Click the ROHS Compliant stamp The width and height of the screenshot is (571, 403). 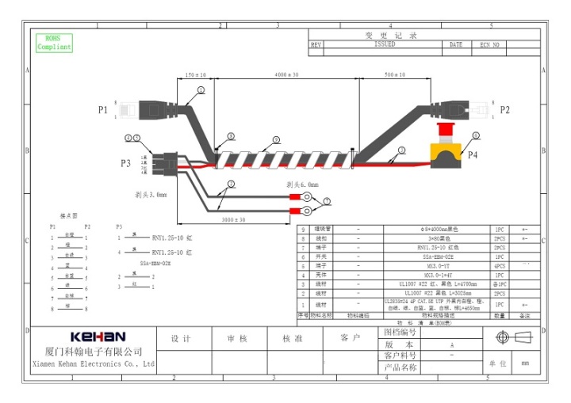[54, 43]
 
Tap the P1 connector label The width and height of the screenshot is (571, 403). [102, 110]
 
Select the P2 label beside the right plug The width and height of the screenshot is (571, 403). [505, 110]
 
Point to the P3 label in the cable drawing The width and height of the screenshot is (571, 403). [125, 163]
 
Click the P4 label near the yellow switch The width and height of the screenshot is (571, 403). [473, 156]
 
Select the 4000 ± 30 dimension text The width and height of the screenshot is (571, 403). [286, 74]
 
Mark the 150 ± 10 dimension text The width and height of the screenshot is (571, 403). [195, 74]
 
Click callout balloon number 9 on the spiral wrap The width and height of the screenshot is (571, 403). [276, 139]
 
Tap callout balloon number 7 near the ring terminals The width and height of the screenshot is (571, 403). [326, 203]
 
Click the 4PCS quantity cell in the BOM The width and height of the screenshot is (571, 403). [500, 266]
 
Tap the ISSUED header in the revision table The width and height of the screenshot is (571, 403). [385, 45]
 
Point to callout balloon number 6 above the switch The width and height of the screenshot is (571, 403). [476, 135]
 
